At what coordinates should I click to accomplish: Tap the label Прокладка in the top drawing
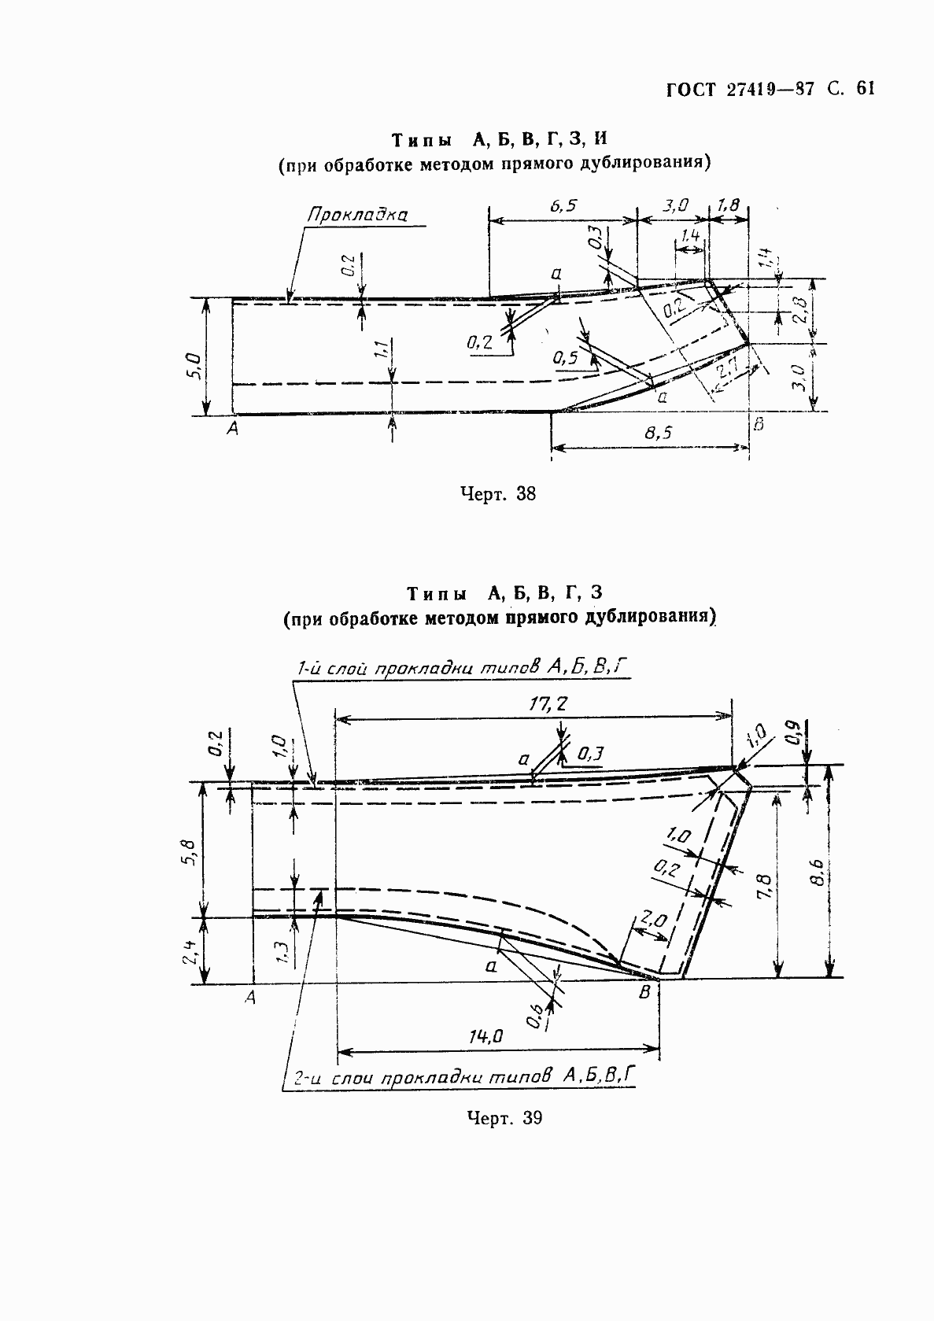click(x=357, y=215)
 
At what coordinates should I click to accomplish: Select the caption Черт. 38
click(x=497, y=494)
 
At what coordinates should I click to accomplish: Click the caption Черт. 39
click(x=504, y=1118)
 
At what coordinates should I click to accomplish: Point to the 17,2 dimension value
click(x=548, y=704)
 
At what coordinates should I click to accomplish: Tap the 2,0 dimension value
click(x=654, y=919)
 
